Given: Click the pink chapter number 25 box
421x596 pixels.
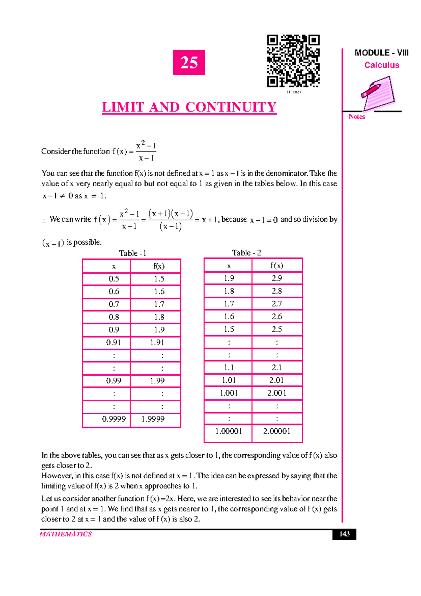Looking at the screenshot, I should point(189,63).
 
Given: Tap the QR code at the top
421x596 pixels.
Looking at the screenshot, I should point(293,61).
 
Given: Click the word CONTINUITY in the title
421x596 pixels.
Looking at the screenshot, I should point(231,107).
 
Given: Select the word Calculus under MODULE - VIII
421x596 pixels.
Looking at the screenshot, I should point(382,65).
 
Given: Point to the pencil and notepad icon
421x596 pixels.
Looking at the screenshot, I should point(378,93).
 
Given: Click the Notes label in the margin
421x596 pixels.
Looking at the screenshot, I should point(357,117).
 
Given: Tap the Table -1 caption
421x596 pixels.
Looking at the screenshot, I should point(132,253).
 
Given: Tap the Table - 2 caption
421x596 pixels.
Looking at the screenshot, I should point(246,253).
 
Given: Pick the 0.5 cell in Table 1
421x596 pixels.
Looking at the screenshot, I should point(114,279).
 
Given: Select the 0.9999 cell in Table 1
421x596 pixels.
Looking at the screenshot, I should point(114,419).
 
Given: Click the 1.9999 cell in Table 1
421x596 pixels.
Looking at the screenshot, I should point(153,419).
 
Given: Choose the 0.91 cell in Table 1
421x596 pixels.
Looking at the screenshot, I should point(114,342).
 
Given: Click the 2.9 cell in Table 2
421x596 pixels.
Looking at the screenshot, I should point(277,278).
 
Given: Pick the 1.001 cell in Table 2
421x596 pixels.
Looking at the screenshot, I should point(229,393).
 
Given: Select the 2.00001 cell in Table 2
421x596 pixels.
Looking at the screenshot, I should point(277,431).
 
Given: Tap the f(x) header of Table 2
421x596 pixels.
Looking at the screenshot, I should point(277,266).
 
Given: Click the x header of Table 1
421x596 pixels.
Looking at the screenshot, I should point(114,266).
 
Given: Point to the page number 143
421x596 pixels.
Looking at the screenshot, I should point(344,534).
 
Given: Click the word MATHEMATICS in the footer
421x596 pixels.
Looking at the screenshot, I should point(66,534).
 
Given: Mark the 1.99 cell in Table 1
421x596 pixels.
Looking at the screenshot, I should point(157,381).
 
